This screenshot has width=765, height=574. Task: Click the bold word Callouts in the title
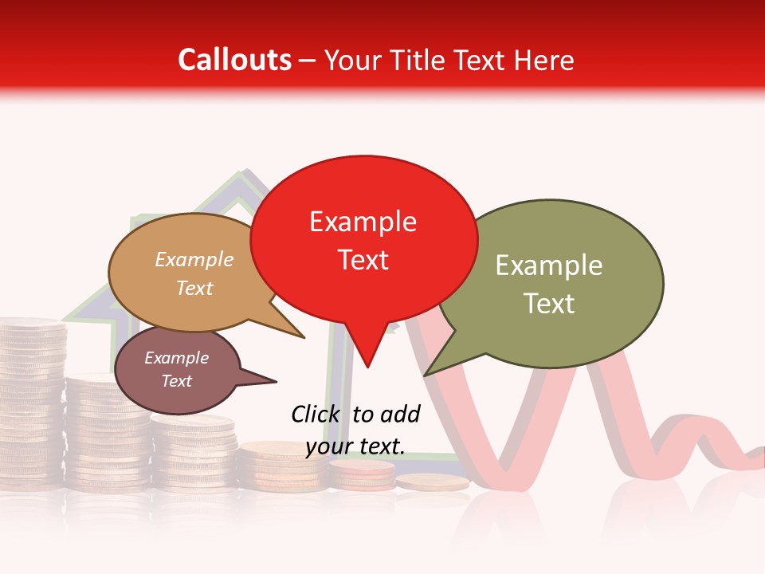point(234,60)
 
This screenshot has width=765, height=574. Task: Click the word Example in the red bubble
point(363,222)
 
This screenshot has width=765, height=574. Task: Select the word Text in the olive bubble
point(549,304)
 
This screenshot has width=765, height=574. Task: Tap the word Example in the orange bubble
point(194,259)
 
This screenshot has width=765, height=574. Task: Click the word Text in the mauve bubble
point(176,381)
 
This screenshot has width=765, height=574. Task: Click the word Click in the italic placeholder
point(316,414)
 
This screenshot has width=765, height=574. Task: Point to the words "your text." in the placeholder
point(355,446)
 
